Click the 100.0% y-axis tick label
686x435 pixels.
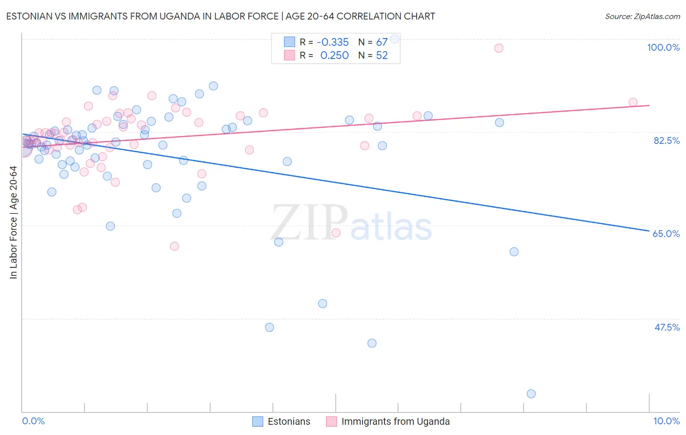[x=663, y=47]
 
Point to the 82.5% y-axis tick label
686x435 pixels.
[x=666, y=140]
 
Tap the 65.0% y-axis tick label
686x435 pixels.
[x=666, y=234]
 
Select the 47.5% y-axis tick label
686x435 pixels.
[x=666, y=327]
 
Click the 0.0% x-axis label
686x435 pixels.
[x=33, y=421]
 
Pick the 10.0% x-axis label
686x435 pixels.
[x=666, y=421]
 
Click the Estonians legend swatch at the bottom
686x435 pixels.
[x=258, y=421]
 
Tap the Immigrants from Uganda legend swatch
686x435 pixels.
[x=331, y=421]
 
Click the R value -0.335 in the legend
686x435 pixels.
[x=333, y=42]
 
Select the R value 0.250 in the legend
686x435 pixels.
[x=334, y=56]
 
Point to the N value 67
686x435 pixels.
[x=382, y=42]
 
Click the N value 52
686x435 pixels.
[x=382, y=56]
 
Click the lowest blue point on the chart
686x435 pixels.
[x=531, y=394]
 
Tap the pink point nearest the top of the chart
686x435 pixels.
[x=499, y=48]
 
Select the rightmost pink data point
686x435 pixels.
[x=633, y=102]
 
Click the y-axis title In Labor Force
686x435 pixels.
[x=13, y=222]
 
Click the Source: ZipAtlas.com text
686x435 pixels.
[x=642, y=17]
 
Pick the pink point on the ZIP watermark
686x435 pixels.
[x=336, y=233]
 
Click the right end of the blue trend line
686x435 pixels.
[x=649, y=231]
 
